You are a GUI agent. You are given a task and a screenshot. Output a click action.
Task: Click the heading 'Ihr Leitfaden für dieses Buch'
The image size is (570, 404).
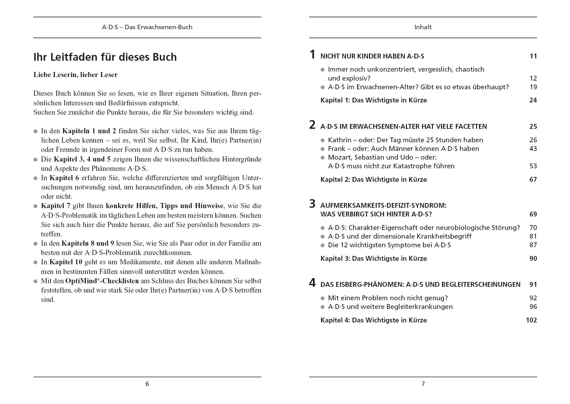point(105,57)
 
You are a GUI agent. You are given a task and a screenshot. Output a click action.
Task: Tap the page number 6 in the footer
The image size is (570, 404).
point(147,384)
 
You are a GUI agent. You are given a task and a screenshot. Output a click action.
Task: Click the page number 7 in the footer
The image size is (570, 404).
point(423,384)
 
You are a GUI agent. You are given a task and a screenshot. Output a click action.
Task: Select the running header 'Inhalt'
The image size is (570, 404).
point(423,27)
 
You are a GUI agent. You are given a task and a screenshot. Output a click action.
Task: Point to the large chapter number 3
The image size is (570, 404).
point(312,204)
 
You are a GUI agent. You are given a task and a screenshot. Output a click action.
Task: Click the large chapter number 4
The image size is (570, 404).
point(312,283)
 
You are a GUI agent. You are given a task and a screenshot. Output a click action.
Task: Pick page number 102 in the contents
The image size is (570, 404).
point(531,320)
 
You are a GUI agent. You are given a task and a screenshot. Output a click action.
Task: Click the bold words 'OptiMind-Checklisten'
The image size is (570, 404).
point(102,281)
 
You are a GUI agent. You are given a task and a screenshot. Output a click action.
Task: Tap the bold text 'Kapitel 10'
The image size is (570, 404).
point(66,262)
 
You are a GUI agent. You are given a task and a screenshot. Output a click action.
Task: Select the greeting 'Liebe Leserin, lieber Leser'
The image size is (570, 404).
point(76,75)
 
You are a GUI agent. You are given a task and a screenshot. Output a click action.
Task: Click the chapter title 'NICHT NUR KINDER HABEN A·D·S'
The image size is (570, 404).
point(372,57)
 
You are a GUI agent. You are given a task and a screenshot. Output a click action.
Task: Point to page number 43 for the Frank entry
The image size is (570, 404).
point(533,149)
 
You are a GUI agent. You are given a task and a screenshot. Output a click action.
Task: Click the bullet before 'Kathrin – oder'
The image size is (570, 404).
point(323,140)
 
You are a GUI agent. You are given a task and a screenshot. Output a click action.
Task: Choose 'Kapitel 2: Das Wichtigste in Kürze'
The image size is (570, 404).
point(373,180)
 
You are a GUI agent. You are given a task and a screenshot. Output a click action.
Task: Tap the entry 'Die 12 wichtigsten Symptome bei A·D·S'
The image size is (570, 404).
point(389,245)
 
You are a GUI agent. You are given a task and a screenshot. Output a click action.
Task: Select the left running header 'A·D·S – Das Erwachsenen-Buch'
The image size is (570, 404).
point(147,27)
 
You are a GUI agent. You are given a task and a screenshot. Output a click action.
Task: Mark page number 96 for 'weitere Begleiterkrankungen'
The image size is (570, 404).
point(533,307)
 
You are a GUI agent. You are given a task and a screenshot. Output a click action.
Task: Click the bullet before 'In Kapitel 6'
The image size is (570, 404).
point(36,178)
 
